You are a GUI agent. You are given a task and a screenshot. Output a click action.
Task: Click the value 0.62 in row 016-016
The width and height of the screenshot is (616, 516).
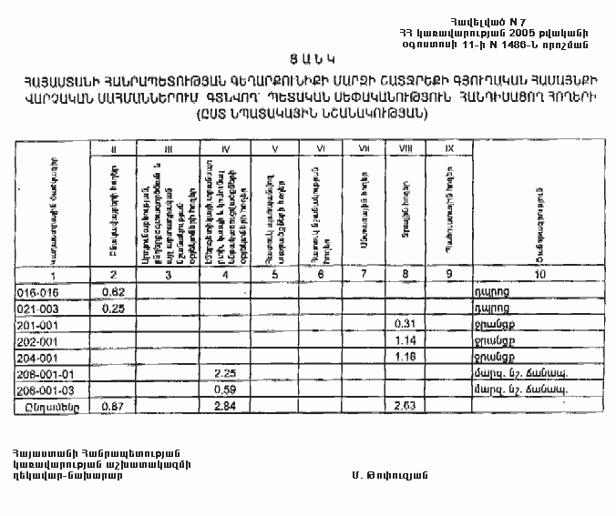coord(113,292)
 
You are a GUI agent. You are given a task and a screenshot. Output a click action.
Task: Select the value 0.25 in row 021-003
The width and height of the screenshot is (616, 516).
coord(113,309)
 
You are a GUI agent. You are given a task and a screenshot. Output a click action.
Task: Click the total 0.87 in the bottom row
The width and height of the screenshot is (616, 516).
coord(113,406)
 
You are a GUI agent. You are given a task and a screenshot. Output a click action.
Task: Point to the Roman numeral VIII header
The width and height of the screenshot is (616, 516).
coord(402,148)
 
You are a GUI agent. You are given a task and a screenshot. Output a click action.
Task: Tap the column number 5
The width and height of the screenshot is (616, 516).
coord(275,275)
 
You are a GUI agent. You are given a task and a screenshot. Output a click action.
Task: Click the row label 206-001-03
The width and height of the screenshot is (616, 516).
coord(39,390)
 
